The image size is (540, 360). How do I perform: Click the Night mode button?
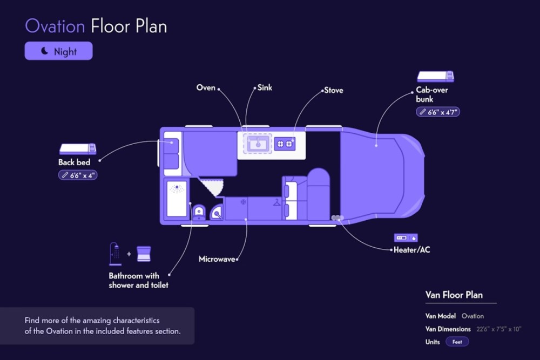tap(58, 51)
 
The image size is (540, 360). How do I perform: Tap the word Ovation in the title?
tap(55, 26)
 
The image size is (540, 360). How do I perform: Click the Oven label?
tap(206, 87)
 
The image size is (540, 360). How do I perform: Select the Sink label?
tap(265, 87)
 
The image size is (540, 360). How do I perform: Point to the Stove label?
tap(334, 90)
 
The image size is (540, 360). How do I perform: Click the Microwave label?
tap(217, 259)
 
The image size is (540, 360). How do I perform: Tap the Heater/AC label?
tap(412, 250)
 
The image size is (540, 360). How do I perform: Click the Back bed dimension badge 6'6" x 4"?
tap(78, 175)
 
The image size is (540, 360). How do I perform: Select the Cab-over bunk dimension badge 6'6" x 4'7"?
tap(438, 112)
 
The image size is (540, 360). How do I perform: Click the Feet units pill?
tap(457, 342)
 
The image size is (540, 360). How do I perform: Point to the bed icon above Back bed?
tap(77, 148)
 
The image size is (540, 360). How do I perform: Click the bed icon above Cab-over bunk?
tap(435, 77)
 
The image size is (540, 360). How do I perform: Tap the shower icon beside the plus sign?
tap(116, 254)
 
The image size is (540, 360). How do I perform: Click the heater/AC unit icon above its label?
tap(406, 238)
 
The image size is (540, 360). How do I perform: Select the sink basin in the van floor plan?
tap(258, 143)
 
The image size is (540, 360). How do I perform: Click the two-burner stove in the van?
tap(285, 144)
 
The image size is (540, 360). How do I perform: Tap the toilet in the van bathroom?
tap(199, 212)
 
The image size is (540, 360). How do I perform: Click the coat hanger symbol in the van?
tap(276, 202)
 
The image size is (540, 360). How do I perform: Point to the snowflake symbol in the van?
tap(243, 202)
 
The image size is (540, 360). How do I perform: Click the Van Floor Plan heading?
tap(454, 295)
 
